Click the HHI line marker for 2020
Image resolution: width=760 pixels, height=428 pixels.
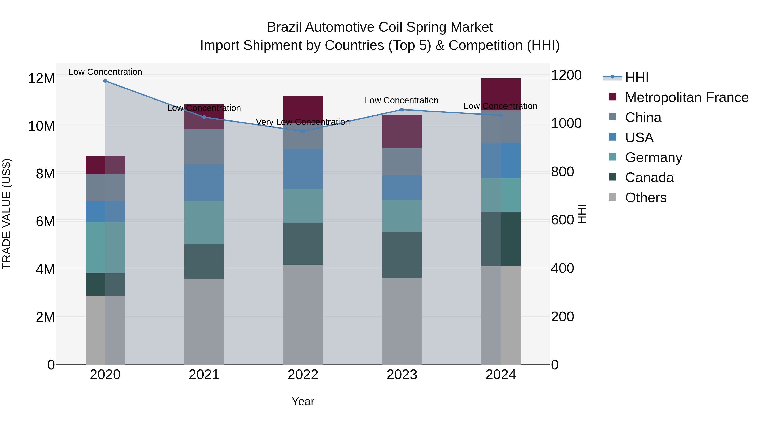tap(105, 81)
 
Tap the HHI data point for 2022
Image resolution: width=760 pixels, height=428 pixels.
tap(303, 131)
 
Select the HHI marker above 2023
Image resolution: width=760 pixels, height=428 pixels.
tap(402, 109)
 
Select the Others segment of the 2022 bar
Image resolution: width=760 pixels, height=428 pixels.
tap(303, 315)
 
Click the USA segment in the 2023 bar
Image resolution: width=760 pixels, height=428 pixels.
tap(402, 187)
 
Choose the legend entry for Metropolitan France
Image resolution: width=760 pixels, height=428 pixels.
tap(686, 97)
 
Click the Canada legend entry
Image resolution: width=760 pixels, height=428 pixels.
tap(649, 178)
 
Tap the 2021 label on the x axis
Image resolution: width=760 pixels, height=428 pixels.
tap(204, 375)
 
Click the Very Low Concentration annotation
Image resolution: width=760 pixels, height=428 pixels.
tap(303, 122)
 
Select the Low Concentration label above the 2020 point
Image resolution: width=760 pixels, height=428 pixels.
tap(105, 72)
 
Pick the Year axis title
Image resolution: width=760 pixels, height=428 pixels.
tap(303, 401)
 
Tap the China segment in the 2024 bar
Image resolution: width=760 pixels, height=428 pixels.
tap(501, 126)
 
